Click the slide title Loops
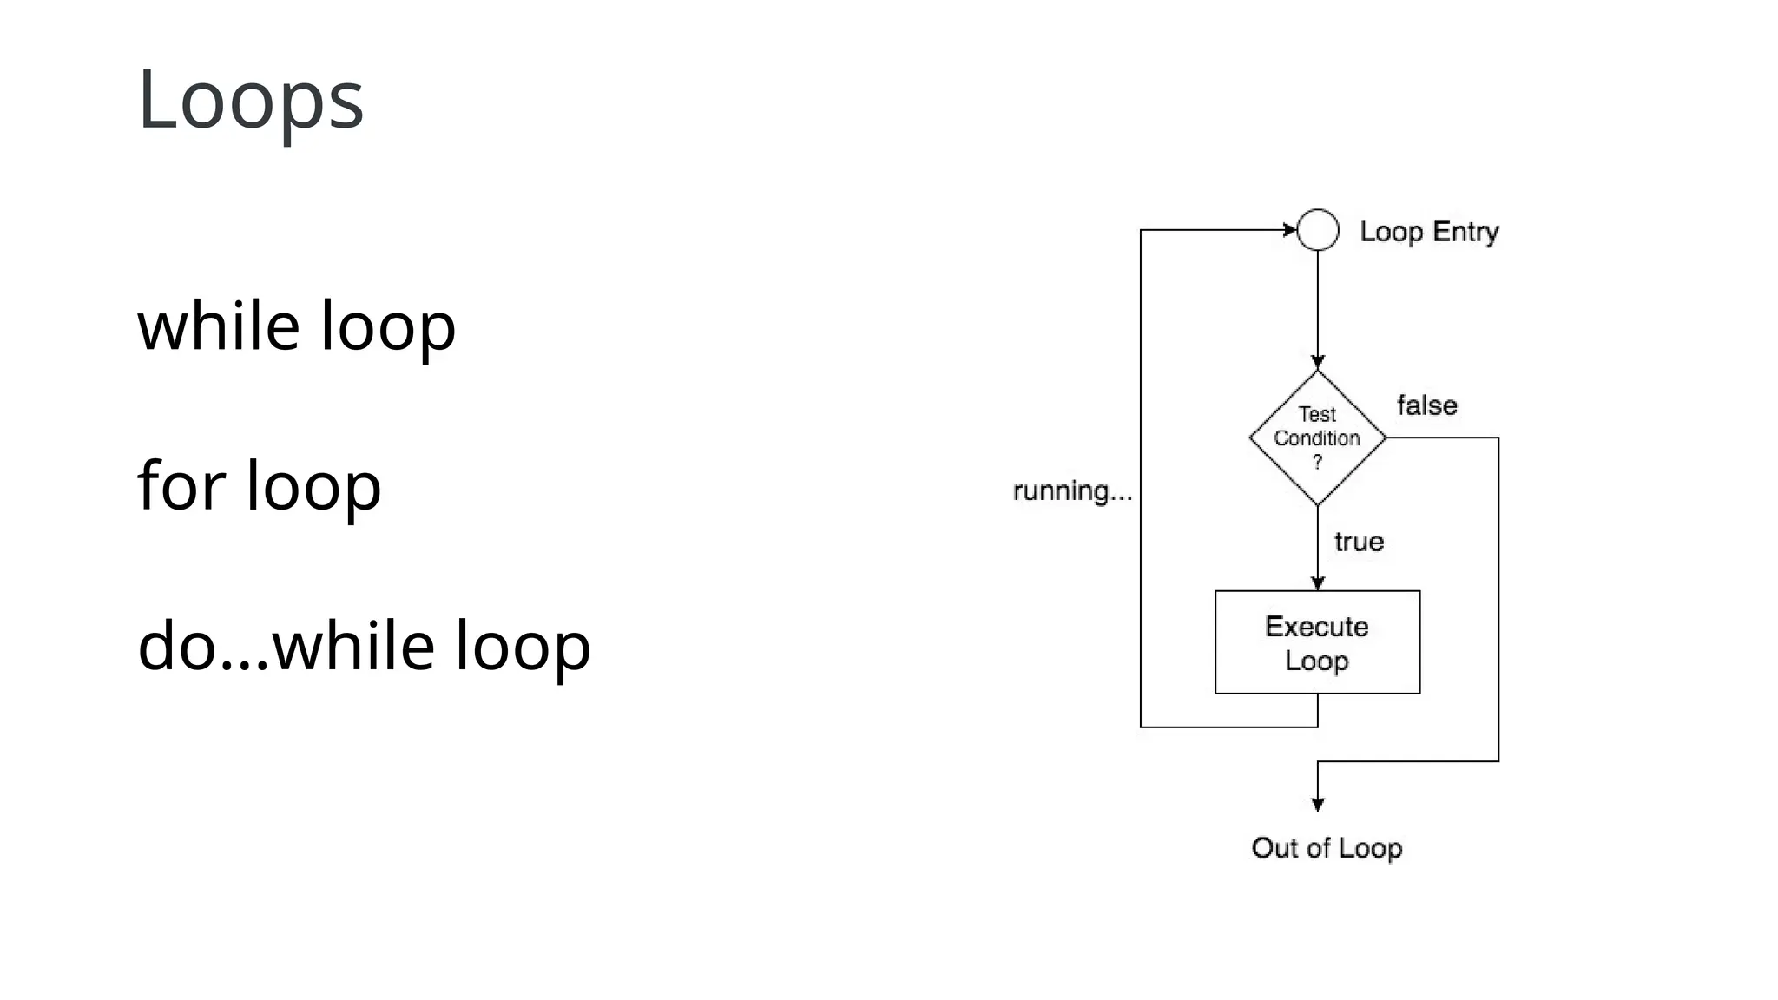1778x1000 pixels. (250, 99)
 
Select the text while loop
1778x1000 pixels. (296, 326)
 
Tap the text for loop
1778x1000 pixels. (259, 485)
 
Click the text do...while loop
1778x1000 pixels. (364, 646)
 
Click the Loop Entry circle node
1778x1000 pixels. (1317, 230)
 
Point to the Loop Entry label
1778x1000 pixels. (1429, 232)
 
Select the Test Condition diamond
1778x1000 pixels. (1317, 437)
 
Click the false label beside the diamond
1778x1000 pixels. (1426, 405)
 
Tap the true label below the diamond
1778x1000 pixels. (1359, 543)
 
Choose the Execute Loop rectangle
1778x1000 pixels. (1317, 642)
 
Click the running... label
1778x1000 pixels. (1072, 491)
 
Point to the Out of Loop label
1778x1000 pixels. (1327, 848)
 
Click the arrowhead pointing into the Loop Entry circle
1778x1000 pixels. (1290, 230)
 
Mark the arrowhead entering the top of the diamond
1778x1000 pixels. (1317, 363)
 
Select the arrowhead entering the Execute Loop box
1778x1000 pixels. (1317, 584)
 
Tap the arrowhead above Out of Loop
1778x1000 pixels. (1317, 805)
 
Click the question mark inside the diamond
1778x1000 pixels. (1317, 462)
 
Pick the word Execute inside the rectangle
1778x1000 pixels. (1316, 627)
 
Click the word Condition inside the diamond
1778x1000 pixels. (1316, 438)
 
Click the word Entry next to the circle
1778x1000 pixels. (1465, 232)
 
